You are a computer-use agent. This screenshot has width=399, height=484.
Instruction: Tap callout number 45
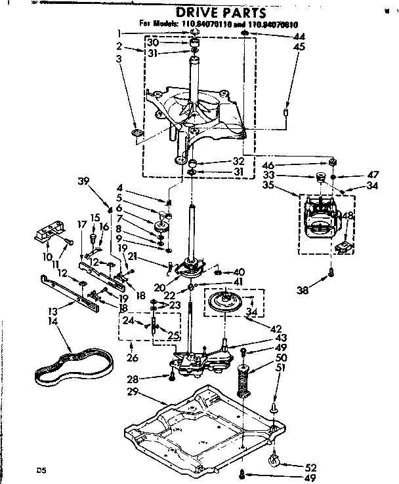tap(299, 47)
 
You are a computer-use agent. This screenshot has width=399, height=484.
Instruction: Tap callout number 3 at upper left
tap(119, 60)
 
